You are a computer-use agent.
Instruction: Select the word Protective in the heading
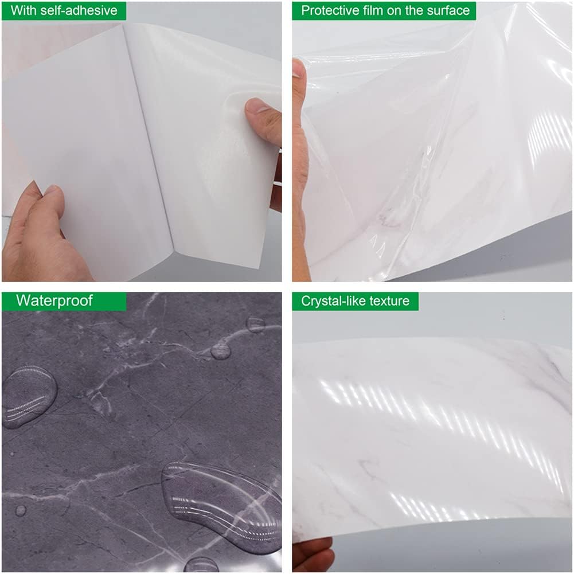[329, 10]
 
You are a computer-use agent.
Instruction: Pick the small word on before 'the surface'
[397, 10]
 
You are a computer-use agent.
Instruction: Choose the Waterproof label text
[54, 300]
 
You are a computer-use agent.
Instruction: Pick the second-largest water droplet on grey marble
[29, 396]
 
